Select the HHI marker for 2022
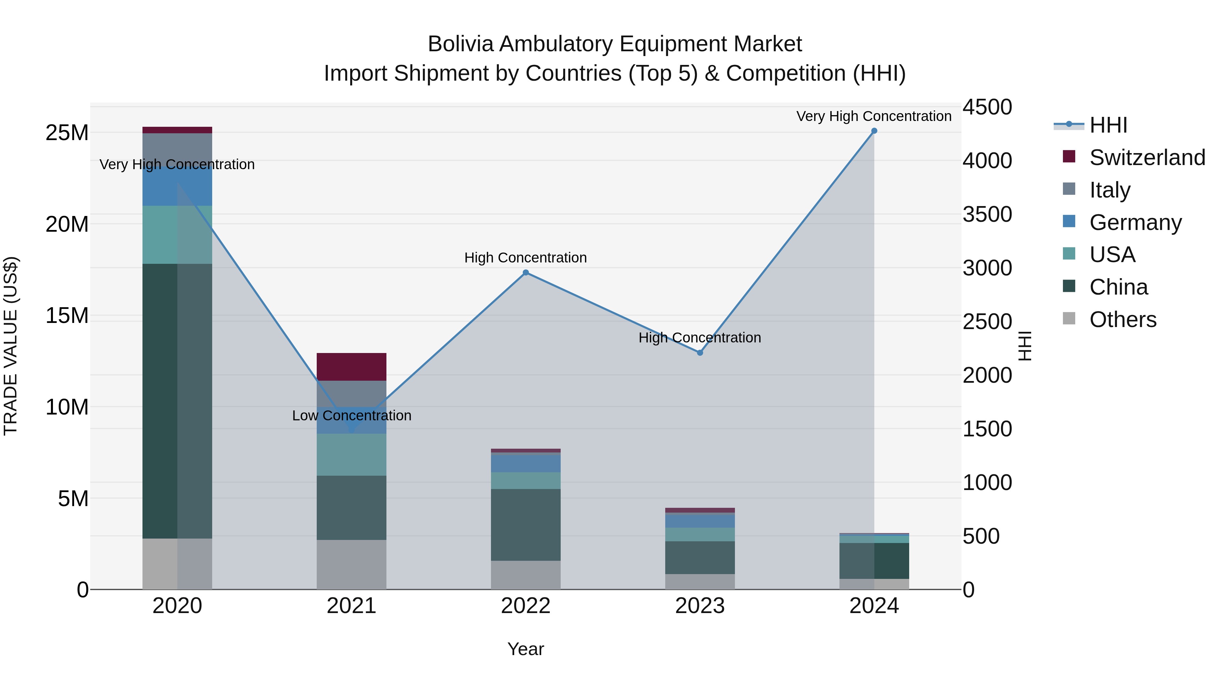click(526, 273)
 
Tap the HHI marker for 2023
click(700, 353)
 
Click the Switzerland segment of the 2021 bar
click(352, 367)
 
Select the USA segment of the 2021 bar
click(352, 454)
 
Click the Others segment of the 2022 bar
click(526, 575)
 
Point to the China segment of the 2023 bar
click(700, 558)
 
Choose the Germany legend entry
click(1135, 222)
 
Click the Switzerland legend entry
click(1147, 158)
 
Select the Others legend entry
click(1123, 320)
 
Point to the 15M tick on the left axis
click(67, 316)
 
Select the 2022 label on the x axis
click(526, 606)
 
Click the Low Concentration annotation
click(352, 416)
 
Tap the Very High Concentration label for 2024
click(874, 116)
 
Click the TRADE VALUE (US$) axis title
click(11, 346)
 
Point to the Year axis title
click(526, 649)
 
